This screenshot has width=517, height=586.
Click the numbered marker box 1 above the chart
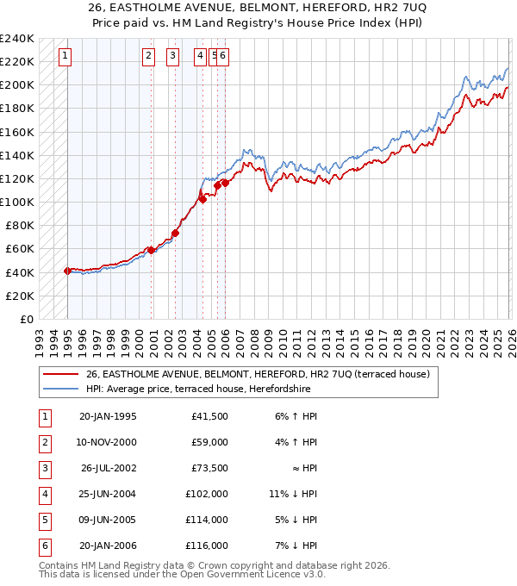tap(66, 57)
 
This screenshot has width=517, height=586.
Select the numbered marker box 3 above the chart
tap(173, 57)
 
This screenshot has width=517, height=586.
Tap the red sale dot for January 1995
tap(67, 271)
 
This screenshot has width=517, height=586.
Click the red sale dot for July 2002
tap(175, 233)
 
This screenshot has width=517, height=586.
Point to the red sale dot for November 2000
tap(151, 250)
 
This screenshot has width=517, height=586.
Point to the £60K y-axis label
tap(20, 249)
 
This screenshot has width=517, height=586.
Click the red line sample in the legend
tap(60, 375)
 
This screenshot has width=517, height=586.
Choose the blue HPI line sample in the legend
tap(60, 389)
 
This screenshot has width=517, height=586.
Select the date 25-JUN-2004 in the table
tap(107, 495)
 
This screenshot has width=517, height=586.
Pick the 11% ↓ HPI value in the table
tap(293, 495)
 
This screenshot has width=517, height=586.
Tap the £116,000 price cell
tap(207, 546)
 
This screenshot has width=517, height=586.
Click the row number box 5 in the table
tap(43, 521)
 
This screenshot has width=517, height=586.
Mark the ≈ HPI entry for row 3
tap(302, 469)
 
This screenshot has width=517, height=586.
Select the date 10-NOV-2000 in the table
tap(107, 443)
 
